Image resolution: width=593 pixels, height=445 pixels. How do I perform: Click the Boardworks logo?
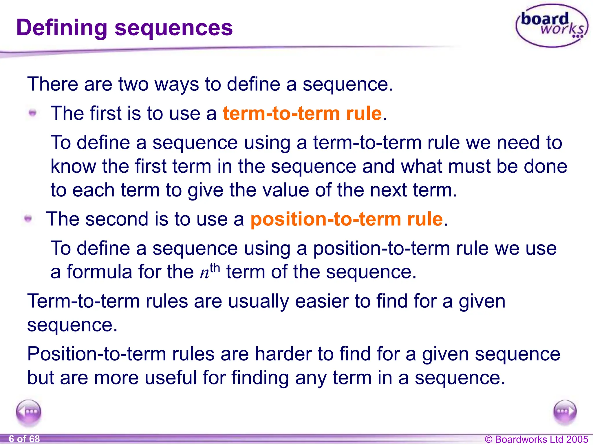click(x=552, y=25)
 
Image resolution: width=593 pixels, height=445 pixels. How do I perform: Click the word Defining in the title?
click(x=62, y=28)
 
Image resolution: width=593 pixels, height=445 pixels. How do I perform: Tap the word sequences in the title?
click(x=173, y=28)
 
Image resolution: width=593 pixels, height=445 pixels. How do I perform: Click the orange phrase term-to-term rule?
click(x=302, y=113)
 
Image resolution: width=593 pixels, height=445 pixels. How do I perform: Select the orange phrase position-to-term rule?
click(x=347, y=219)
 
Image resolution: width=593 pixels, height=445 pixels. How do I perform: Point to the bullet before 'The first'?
click(x=33, y=113)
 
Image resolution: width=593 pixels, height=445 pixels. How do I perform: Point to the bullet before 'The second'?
click(x=28, y=219)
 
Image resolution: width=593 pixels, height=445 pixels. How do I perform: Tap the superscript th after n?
click(x=215, y=268)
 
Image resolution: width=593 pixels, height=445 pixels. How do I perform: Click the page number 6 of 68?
click(x=24, y=439)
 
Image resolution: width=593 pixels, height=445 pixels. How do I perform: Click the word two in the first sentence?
click(x=133, y=84)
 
